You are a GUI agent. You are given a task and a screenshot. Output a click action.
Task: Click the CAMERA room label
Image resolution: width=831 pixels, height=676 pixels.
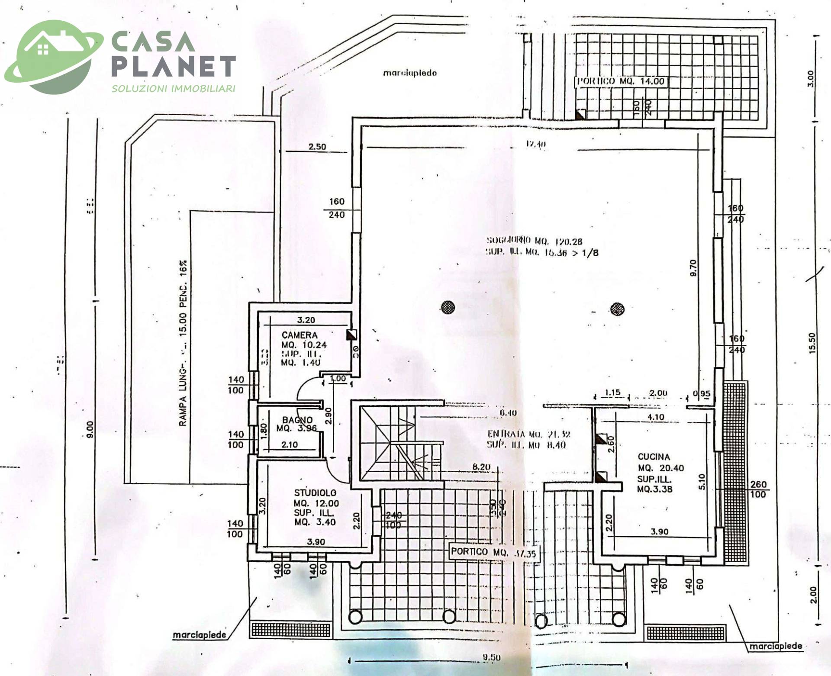(300, 335)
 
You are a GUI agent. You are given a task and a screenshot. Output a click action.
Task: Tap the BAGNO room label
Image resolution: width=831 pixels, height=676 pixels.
(297, 420)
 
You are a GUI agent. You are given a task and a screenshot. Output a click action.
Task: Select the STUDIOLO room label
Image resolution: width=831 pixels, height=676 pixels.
(315, 493)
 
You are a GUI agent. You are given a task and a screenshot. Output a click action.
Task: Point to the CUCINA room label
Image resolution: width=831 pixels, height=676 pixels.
(654, 457)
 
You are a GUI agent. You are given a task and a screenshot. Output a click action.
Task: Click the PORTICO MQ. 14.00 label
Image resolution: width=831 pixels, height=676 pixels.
(620, 81)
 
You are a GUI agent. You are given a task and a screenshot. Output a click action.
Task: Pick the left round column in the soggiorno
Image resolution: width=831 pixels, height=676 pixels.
(448, 308)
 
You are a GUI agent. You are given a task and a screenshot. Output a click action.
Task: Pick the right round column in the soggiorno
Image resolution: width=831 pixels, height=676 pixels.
(617, 309)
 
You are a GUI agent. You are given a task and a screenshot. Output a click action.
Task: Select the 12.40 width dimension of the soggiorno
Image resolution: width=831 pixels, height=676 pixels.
(535, 144)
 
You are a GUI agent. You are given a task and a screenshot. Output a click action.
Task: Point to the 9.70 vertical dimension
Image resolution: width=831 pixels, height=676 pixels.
(693, 268)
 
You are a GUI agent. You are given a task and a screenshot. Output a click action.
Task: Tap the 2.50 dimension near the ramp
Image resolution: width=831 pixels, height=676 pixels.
(317, 147)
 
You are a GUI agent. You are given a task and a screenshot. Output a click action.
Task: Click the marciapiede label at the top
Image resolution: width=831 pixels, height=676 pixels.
(409, 73)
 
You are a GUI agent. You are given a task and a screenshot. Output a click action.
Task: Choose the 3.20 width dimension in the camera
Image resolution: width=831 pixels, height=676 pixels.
(306, 320)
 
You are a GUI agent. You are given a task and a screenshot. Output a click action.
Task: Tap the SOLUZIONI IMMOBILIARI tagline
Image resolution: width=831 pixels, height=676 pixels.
(174, 89)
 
